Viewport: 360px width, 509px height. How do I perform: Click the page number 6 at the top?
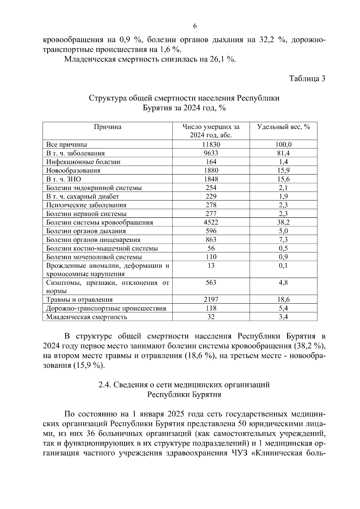pos(195,26)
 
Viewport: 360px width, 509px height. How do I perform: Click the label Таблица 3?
pos(307,79)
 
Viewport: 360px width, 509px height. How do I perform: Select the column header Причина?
pos(108,127)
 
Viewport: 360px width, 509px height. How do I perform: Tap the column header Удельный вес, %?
pos(283,127)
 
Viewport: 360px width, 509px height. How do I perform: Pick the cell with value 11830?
pos(211,144)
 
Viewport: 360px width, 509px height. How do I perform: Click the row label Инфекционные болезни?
pos(83,162)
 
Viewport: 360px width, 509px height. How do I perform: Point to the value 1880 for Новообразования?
pos(211,171)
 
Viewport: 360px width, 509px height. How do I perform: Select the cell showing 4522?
pos(211,222)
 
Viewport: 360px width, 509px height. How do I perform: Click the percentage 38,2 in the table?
pos(283,222)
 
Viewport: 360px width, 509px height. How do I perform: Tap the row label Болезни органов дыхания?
pos(86,231)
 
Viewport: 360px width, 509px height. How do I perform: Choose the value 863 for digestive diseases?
pos(211,240)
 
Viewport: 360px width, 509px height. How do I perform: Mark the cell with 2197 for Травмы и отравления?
pos(211,299)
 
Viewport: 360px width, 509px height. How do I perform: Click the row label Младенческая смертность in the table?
pos(86,317)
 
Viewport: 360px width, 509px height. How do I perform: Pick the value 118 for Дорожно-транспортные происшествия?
pos(211,308)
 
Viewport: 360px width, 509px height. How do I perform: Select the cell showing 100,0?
pos(283,144)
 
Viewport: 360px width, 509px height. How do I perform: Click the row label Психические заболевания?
pos(86,205)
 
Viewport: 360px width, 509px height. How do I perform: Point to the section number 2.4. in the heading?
pos(105,385)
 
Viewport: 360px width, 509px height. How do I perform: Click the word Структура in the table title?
pos(107,98)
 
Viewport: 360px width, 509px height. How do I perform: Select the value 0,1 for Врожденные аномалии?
pos(283,266)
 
